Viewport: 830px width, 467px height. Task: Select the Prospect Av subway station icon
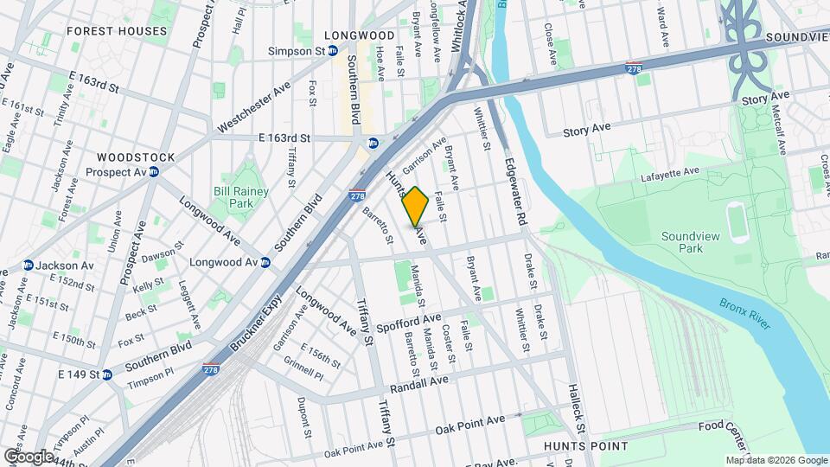(x=154, y=171)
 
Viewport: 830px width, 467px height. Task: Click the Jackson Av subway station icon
(x=28, y=265)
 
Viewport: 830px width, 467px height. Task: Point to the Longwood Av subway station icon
(x=265, y=262)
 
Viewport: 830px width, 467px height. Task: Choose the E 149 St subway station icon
(x=107, y=374)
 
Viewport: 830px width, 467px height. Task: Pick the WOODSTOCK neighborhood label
(x=136, y=157)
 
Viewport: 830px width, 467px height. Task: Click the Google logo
(x=29, y=456)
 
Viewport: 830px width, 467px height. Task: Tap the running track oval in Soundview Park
(x=737, y=221)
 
